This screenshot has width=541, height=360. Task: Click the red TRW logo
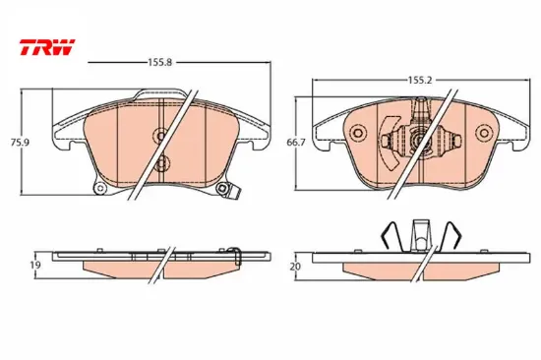click(x=47, y=47)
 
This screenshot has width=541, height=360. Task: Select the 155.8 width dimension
click(x=159, y=63)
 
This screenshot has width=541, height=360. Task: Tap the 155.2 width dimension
click(x=420, y=80)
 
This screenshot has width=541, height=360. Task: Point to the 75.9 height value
click(x=20, y=143)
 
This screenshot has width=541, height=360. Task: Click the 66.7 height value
click(x=296, y=143)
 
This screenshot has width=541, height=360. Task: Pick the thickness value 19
click(x=35, y=265)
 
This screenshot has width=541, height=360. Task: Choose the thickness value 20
click(x=296, y=267)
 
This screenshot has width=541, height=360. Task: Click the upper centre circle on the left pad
click(x=160, y=136)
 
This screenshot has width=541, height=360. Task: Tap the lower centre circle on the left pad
click(x=161, y=163)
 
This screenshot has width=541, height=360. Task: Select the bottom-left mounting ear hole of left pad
click(x=100, y=189)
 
